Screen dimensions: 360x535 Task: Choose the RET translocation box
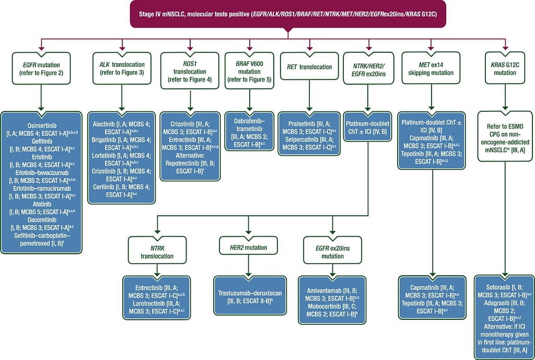(x=309, y=67)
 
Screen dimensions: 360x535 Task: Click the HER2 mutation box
(x=248, y=247)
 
